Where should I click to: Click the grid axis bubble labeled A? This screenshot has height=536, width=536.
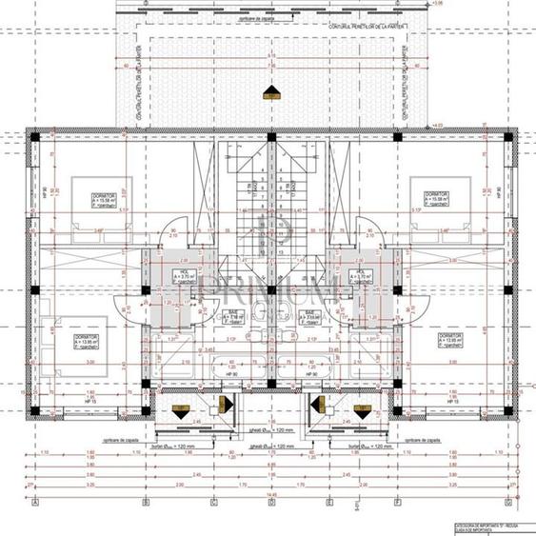tap(34, 502)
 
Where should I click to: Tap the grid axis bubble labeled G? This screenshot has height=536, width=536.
tap(508, 502)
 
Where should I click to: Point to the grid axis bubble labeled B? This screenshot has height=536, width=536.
tap(145, 502)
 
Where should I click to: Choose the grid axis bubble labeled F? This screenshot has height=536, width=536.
tap(397, 502)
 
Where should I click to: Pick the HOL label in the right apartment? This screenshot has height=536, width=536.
tap(360, 277)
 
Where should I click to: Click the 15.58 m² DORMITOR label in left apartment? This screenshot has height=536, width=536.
tap(92, 198)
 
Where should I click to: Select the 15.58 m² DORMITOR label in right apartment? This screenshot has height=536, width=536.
tap(434, 198)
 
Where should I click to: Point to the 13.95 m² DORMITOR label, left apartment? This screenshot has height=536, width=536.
tap(67, 340)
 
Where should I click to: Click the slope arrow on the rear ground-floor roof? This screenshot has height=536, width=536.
tap(270, 92)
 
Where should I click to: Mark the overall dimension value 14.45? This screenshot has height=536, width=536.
tap(270, 493)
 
